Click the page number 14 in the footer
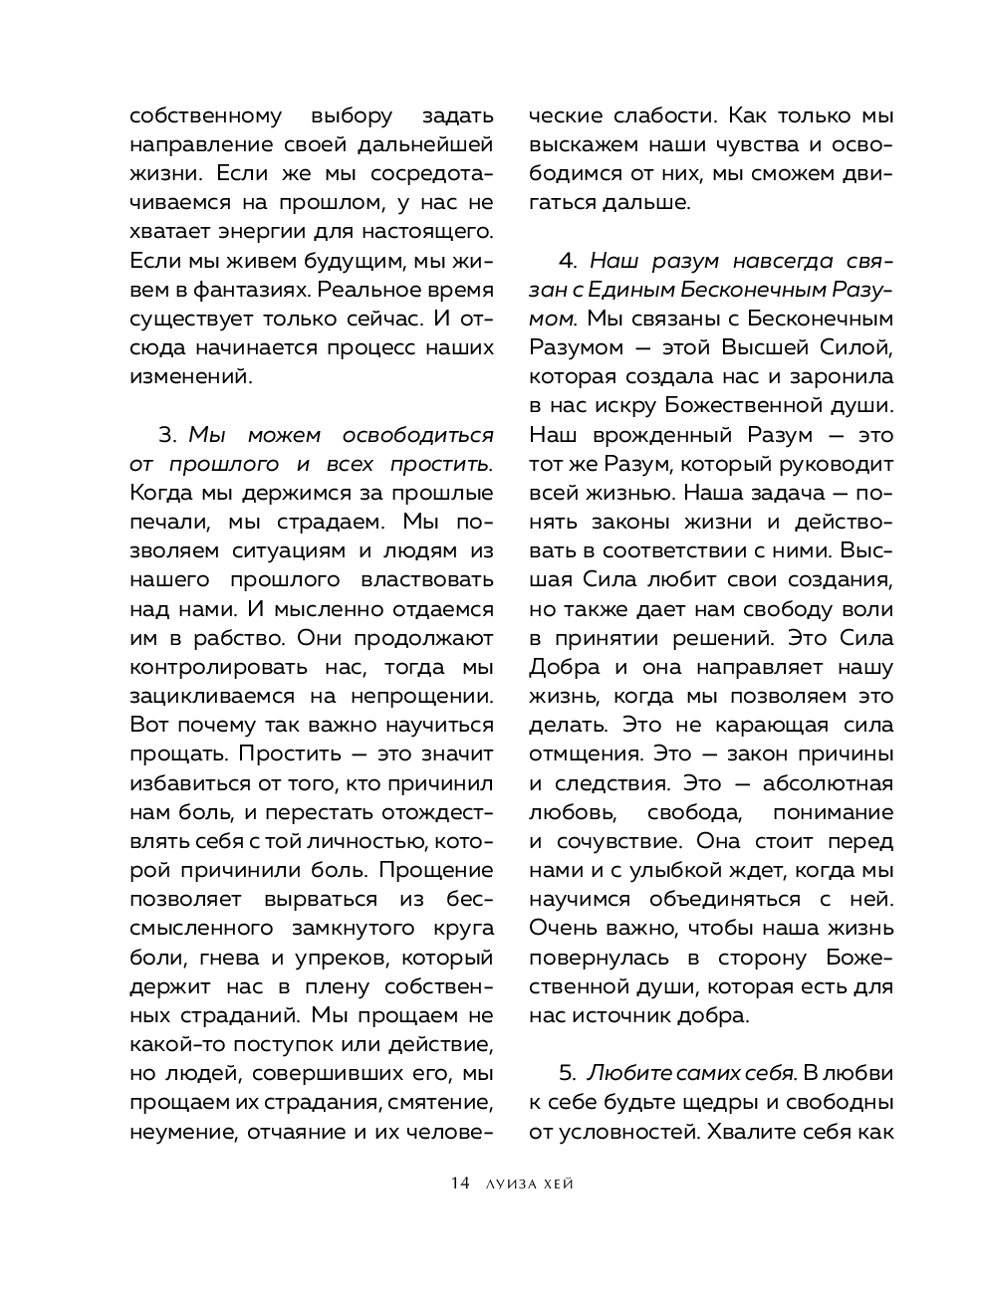tap(459, 1184)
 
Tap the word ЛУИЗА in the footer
tap(509, 1184)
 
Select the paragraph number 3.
tap(166, 435)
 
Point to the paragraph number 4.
tap(568, 261)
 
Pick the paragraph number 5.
tap(568, 1073)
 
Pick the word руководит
tap(832, 464)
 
